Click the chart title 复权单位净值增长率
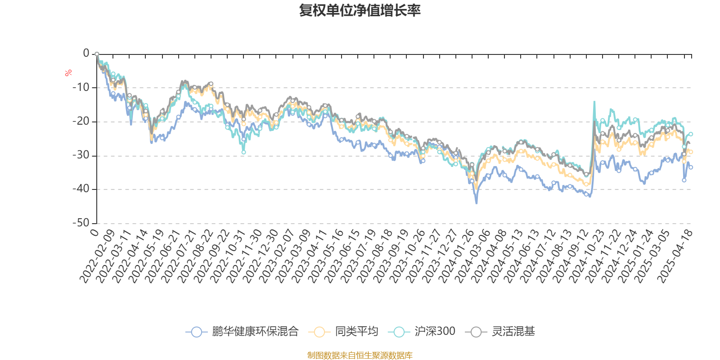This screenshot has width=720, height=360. click(x=360, y=10)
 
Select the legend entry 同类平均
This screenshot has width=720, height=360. click(x=343, y=332)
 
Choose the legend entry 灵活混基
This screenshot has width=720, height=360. click(x=503, y=332)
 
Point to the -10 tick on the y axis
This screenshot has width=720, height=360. click(x=81, y=87)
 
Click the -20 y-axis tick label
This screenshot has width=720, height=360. click(x=81, y=121)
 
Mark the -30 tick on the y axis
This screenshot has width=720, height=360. click(x=81, y=155)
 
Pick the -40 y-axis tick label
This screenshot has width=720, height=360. click(x=81, y=189)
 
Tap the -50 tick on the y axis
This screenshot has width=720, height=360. click(x=81, y=223)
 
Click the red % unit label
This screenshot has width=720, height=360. click(x=68, y=73)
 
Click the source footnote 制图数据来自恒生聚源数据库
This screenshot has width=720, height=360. click(x=360, y=355)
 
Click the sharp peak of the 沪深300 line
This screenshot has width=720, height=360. click(x=594, y=102)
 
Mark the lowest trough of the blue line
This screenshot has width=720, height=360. click(x=477, y=203)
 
